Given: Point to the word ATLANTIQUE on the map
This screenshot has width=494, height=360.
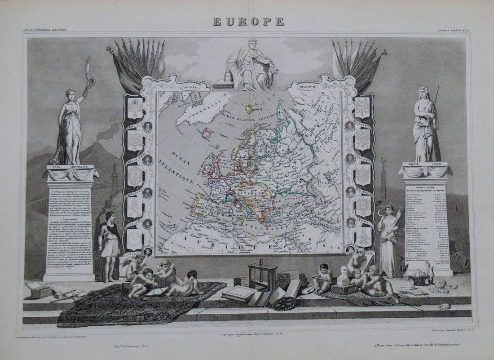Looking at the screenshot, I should click(x=179, y=172).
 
